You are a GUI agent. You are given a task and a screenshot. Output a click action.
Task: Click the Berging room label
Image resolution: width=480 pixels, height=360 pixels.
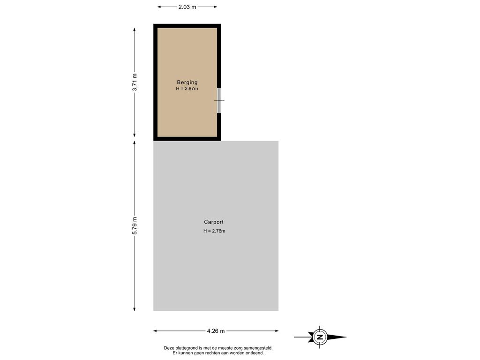[187, 82]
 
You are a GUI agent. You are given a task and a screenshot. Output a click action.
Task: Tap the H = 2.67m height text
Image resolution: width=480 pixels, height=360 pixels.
[187, 89]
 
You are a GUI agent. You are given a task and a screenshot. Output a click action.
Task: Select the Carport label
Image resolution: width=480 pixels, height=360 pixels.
[214, 222]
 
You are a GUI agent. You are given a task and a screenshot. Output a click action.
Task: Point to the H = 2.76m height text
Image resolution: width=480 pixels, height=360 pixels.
[214, 231]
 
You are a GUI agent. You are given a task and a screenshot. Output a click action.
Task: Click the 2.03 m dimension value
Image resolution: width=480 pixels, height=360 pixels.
[187, 7]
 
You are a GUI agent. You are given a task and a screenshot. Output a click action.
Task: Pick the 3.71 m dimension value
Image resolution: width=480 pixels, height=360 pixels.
[135, 82]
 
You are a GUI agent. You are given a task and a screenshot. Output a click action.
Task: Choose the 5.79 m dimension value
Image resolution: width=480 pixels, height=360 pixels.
[135, 226]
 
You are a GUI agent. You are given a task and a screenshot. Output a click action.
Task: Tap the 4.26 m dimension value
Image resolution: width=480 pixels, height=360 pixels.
[216, 331]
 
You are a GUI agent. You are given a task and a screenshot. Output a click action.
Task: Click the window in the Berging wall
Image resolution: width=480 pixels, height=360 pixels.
[219, 100]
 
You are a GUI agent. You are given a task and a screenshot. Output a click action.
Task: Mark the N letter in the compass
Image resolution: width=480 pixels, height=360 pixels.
[320, 337]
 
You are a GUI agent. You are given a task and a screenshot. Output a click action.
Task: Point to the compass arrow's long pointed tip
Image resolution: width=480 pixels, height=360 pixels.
[346, 337]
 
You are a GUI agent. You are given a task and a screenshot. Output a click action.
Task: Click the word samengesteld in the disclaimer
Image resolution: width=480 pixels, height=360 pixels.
[260, 348]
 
